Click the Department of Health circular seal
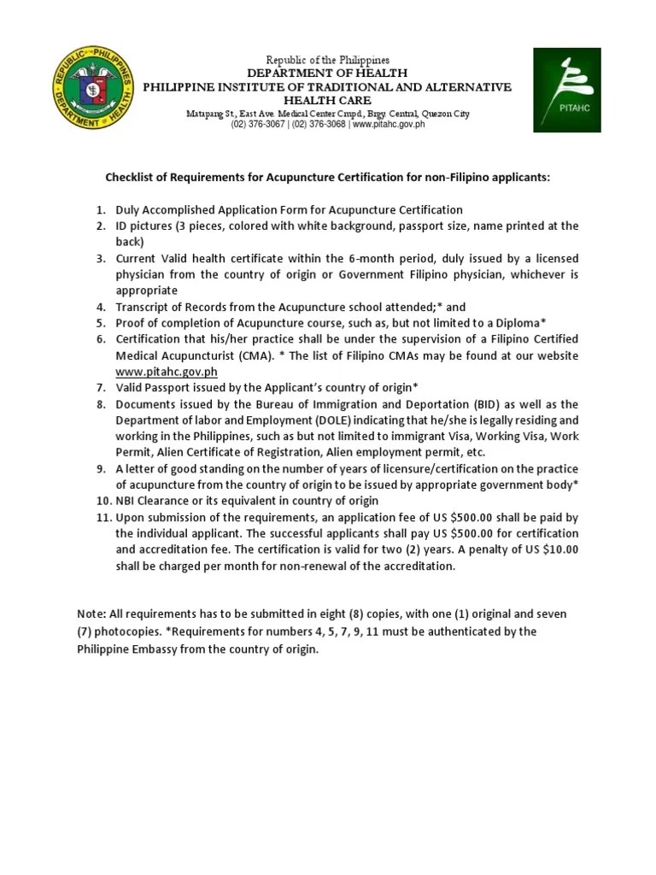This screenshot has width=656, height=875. tap(92, 89)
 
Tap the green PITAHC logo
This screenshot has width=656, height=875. tap(567, 90)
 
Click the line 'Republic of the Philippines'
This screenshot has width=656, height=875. tap(327, 61)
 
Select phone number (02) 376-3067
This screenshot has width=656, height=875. tap(258, 125)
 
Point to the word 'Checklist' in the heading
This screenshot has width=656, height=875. tap(132, 178)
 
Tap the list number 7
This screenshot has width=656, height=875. tap(99, 388)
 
